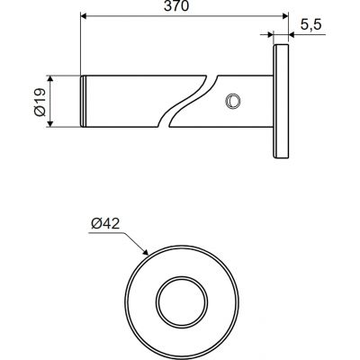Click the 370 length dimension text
pos(176,6)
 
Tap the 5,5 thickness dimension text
pos(310,24)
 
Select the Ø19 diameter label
pos(40,102)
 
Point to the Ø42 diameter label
pos(105,223)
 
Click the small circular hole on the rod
pos(232,101)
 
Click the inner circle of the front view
pos(182,302)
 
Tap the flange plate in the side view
pos(281,102)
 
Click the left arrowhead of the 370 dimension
pos(84,16)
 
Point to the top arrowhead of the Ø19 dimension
pos(50,79)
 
